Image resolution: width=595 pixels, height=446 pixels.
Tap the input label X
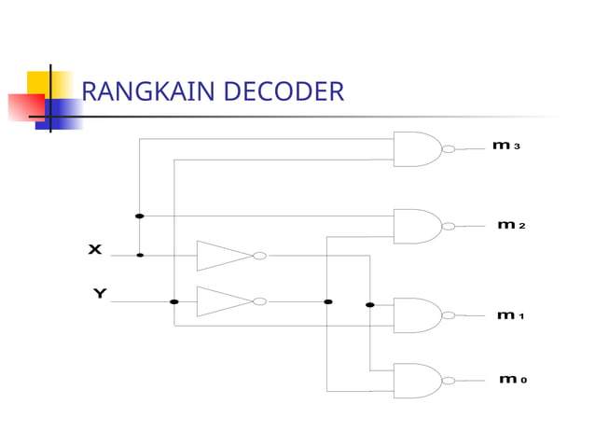pyautogui.click(x=95, y=249)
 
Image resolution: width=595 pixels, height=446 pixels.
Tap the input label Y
pyautogui.click(x=100, y=294)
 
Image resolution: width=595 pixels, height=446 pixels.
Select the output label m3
pyautogui.click(x=506, y=146)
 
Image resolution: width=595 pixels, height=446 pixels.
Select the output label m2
pyautogui.click(x=511, y=225)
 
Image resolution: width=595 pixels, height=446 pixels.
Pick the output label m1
pyautogui.click(x=510, y=315)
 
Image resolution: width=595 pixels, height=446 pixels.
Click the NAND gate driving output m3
pyautogui.click(x=416, y=148)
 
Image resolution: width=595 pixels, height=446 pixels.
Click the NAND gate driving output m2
pyautogui.click(x=416, y=226)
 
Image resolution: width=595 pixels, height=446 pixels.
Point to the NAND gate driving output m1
pyautogui.click(x=416, y=315)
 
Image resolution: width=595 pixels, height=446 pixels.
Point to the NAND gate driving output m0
pyautogui.click(x=416, y=380)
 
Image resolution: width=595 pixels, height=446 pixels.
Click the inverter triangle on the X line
pyautogui.click(x=222, y=255)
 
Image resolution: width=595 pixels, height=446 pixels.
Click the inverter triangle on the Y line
pyautogui.click(x=222, y=301)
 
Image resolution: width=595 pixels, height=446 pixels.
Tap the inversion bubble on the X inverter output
pyautogui.click(x=260, y=255)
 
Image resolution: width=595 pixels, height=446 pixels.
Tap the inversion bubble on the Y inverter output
pyautogui.click(x=260, y=301)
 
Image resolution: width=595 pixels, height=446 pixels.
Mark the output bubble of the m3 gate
pyautogui.click(x=449, y=148)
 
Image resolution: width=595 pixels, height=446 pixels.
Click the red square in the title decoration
pyautogui.click(x=24, y=108)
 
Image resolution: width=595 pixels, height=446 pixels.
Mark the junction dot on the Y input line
pyautogui.click(x=174, y=301)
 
